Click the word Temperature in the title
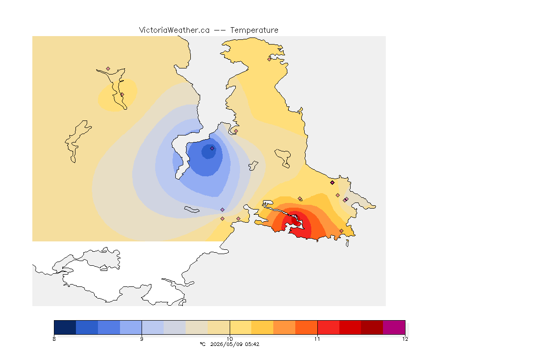pos(254,30)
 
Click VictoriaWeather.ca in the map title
pos(174,30)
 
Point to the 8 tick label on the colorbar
pos(54,339)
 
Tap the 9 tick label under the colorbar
pos(142,339)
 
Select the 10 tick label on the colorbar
pos(230,339)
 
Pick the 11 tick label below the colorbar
pos(317,339)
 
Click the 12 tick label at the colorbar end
pos(405,339)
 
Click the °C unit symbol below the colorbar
pos(202,344)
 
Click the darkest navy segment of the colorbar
pos(65,327)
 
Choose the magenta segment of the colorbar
pos(394,327)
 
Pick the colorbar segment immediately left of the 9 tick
pos(131,327)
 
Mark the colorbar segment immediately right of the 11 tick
pos(328,327)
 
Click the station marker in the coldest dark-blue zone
pos(212,149)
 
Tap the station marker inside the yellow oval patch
pos(122,94)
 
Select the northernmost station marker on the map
pos(270,59)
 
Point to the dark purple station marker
pos(332,183)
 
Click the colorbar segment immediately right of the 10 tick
pos(240,327)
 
